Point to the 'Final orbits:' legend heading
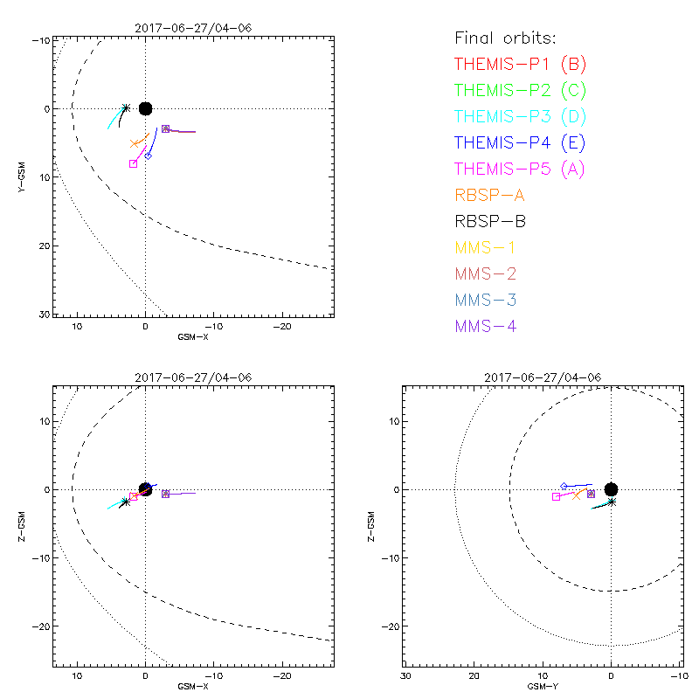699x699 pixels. (x=505, y=38)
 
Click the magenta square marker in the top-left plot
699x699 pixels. (x=133, y=163)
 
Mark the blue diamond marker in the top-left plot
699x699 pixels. (x=149, y=156)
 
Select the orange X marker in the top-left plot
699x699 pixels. (x=135, y=143)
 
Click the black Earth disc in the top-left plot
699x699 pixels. (x=145, y=108)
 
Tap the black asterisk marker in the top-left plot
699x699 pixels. (x=126, y=108)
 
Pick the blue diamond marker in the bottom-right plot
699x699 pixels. (x=564, y=486)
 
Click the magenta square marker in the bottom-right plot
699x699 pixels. (x=556, y=496)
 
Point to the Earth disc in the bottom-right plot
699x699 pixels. (x=612, y=489)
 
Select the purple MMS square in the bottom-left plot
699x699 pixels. (x=165, y=494)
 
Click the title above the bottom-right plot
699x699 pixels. (x=543, y=377)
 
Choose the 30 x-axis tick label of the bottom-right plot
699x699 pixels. (x=405, y=676)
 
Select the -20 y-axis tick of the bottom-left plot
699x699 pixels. (x=40, y=626)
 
